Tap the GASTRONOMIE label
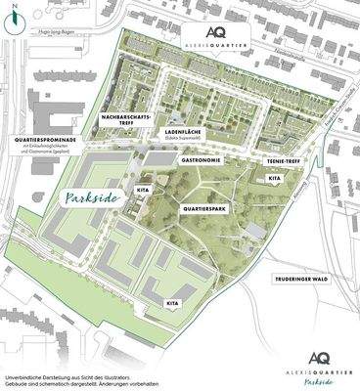click(204, 158)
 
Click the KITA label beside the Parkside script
click(143, 187)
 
